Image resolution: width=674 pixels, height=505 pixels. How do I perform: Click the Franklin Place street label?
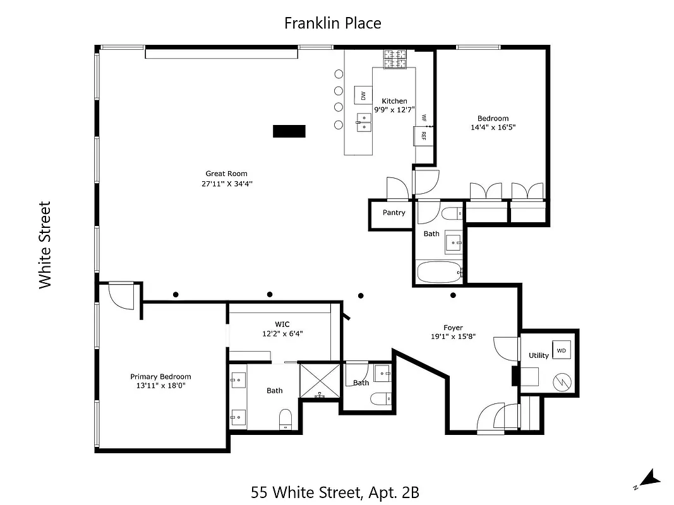[x=332, y=23]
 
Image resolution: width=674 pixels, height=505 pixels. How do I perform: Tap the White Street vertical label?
[x=45, y=245]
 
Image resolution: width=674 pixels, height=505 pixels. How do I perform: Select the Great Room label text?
[x=226, y=174]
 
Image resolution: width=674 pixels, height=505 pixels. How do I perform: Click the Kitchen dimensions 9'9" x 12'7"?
[x=394, y=110]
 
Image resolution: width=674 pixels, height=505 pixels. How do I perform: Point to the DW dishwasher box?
[x=363, y=95]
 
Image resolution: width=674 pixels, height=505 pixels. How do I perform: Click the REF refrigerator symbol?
[x=423, y=135]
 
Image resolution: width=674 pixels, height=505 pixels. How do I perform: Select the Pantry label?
[x=394, y=213]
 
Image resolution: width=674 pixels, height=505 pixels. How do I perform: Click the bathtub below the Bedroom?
[x=440, y=272]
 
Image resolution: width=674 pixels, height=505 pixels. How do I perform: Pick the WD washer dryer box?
[x=561, y=350]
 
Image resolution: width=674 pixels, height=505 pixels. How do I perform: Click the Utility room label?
[x=539, y=355]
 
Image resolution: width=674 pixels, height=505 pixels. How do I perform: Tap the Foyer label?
[x=453, y=328]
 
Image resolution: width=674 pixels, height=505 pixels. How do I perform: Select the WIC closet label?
[x=282, y=324]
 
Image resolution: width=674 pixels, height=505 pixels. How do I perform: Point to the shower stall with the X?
[x=320, y=381]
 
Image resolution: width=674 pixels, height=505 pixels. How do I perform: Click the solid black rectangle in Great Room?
[x=289, y=131]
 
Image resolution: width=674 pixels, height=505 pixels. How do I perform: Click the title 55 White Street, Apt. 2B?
[x=334, y=491]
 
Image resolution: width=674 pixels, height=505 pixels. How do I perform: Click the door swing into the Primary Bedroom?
[x=121, y=295]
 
